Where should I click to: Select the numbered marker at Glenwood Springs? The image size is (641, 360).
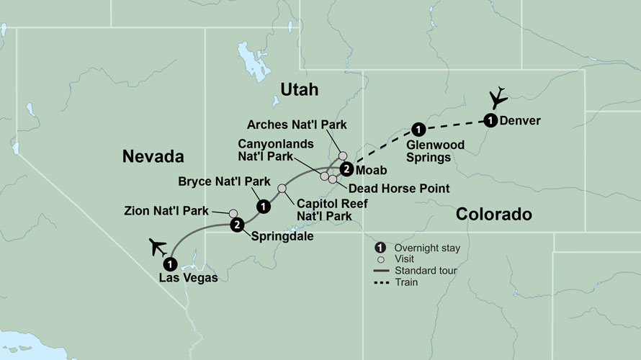[416, 130]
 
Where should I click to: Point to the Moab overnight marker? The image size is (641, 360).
[346, 170]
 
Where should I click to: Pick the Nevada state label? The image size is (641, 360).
[153, 156]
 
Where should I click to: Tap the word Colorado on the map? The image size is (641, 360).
[493, 214]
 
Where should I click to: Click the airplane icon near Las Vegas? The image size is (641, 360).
[158, 246]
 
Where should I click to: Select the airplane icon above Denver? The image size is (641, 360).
[496, 97]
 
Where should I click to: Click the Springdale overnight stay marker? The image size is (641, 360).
[237, 225]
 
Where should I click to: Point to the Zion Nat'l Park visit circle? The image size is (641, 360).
[233, 213]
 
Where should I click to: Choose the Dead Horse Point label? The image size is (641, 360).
[398, 189]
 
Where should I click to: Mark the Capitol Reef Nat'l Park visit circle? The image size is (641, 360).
[282, 189]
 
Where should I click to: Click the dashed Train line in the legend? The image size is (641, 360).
[381, 282]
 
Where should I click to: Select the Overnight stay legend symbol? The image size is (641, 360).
[381, 248]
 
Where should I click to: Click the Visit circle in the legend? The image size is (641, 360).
[381, 260]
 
